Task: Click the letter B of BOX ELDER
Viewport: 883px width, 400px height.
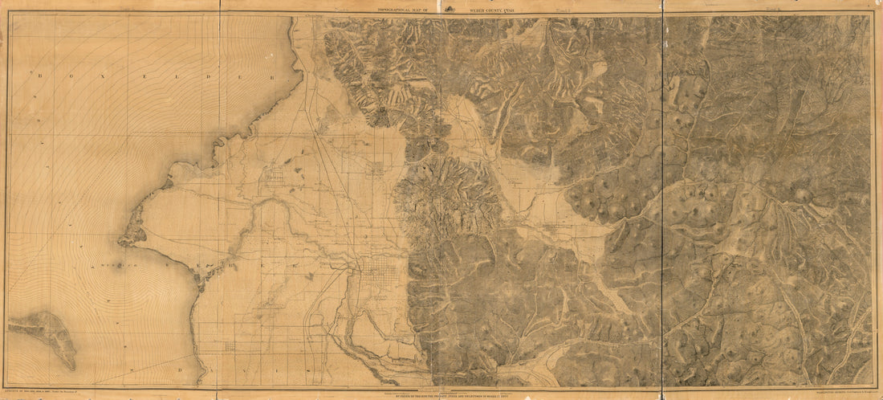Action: coord(38,73)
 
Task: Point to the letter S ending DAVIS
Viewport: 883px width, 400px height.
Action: coord(353,371)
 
